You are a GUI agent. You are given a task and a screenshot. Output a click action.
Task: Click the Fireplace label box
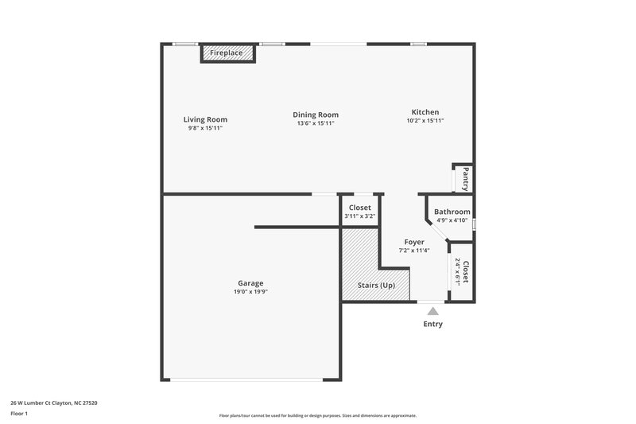pyautogui.click(x=227, y=53)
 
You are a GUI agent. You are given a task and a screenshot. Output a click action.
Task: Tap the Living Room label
pyautogui.click(x=205, y=119)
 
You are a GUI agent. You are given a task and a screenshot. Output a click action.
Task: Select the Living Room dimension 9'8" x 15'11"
pyautogui.click(x=205, y=128)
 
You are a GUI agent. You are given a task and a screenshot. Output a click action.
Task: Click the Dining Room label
pyautogui.click(x=316, y=115)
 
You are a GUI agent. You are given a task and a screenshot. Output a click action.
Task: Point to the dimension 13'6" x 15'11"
pyautogui.click(x=316, y=123)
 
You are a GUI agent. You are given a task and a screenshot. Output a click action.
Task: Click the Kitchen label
pyautogui.click(x=425, y=112)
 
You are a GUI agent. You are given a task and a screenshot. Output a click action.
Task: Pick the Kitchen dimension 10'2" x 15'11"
pyautogui.click(x=425, y=121)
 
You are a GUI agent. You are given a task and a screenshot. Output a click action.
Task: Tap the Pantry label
pyautogui.click(x=466, y=177)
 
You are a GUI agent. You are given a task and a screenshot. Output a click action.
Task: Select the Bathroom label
pyautogui.click(x=452, y=212)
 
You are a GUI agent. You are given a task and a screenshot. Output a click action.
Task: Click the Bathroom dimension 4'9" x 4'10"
pyautogui.click(x=452, y=220)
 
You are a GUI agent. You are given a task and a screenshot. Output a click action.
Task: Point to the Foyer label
pyautogui.click(x=413, y=242)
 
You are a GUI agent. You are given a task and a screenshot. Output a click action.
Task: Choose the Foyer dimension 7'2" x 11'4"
pyautogui.click(x=413, y=251)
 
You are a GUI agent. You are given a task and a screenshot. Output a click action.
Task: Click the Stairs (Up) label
pyautogui.click(x=376, y=285)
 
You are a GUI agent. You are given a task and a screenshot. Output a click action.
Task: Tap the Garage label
pyautogui.click(x=250, y=283)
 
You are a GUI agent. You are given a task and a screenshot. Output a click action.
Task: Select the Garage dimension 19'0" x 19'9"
pyautogui.click(x=250, y=292)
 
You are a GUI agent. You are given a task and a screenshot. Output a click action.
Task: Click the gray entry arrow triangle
pyautogui.click(x=432, y=311)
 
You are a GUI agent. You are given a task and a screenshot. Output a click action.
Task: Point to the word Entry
pyautogui.click(x=432, y=324)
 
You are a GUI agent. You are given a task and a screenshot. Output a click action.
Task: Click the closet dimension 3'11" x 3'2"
pyautogui.click(x=359, y=216)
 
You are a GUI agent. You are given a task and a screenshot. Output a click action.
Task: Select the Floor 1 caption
pyautogui.click(x=20, y=414)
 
